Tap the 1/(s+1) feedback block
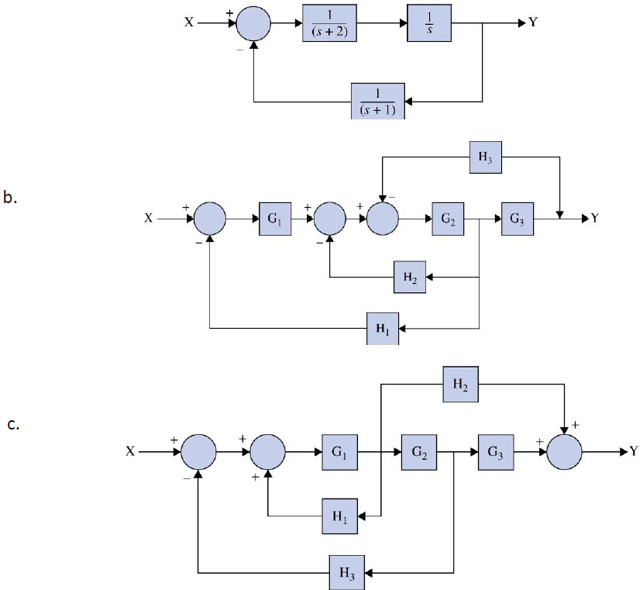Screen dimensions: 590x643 (x=378, y=101)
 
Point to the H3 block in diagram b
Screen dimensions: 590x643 (x=485, y=157)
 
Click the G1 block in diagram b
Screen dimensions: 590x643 (x=274, y=219)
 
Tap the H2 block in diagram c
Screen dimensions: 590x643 (x=460, y=384)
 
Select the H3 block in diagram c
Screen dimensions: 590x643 (x=346, y=573)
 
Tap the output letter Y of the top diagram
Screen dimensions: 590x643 (x=532, y=22)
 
